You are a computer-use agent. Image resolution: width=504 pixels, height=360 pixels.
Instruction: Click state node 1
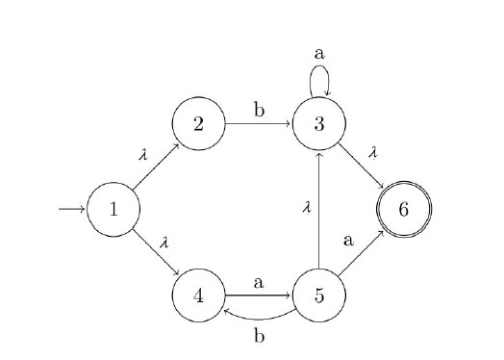113,209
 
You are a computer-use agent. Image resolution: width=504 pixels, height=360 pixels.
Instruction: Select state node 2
198,124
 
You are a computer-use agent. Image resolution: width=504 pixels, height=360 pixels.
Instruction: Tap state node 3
319,124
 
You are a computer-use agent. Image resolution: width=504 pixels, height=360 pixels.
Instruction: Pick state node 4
198,295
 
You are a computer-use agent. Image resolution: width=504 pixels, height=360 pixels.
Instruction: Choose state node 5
319,295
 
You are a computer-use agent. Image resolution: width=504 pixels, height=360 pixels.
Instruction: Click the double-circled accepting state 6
403,209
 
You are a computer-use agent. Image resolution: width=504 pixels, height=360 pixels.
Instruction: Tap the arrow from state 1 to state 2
155,167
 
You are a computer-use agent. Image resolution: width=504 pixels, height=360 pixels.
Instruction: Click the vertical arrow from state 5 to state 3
319,210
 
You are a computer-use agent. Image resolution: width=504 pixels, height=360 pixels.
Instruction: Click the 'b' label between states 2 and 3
259,109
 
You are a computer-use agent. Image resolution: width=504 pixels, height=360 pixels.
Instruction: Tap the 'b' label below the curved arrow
259,336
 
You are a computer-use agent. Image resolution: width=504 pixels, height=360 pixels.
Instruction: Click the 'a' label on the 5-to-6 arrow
349,241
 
